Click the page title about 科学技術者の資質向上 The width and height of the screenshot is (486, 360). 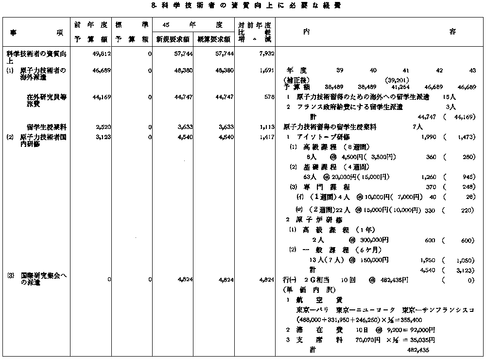tap(243, 6)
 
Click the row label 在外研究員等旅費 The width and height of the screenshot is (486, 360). tap(47, 101)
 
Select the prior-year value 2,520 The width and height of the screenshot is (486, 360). tap(104, 126)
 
